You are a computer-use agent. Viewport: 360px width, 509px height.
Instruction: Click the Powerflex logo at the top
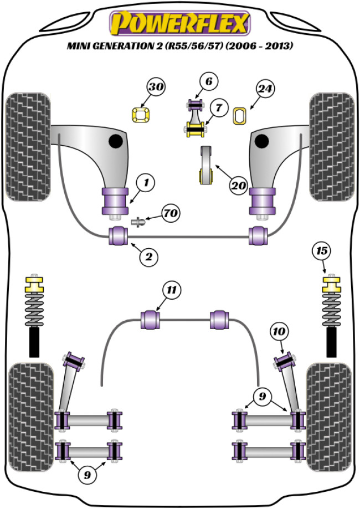pyautogui.click(x=181, y=23)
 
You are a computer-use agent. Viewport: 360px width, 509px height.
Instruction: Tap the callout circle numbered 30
pyautogui.click(x=157, y=88)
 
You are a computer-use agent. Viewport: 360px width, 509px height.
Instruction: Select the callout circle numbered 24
pyautogui.click(x=265, y=89)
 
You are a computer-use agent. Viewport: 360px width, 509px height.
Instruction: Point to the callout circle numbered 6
pyautogui.click(x=208, y=83)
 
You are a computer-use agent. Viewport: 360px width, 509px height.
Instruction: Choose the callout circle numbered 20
pyautogui.click(x=239, y=187)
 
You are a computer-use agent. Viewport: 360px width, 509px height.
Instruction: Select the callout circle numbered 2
pyautogui.click(x=149, y=255)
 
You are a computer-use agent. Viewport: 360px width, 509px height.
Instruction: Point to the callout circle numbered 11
pyautogui.click(x=172, y=289)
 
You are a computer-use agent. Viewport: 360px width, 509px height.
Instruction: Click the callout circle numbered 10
pyautogui.click(x=279, y=331)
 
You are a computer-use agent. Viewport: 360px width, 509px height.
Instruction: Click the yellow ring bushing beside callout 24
pyautogui.click(x=240, y=115)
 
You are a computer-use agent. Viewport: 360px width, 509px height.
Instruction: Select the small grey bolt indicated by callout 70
pyautogui.click(x=138, y=222)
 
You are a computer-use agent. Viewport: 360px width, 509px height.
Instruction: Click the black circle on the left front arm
pyautogui.click(x=116, y=141)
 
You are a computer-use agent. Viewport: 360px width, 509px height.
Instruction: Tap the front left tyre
pyautogui.click(x=28, y=146)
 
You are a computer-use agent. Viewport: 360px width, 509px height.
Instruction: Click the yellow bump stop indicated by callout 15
pyautogui.click(x=331, y=287)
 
